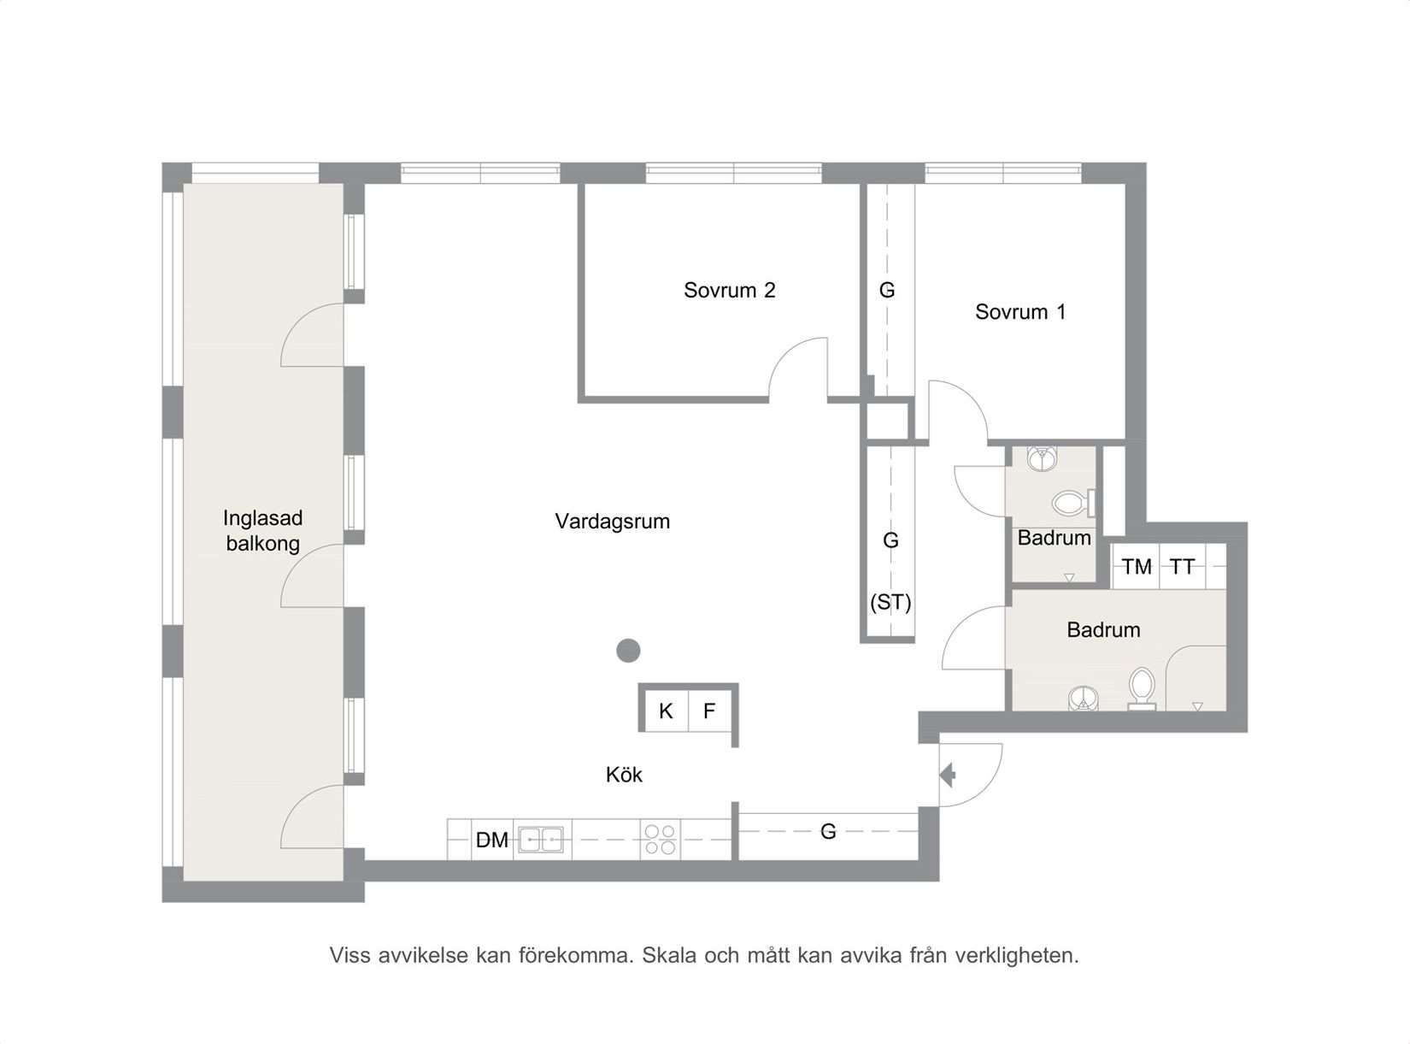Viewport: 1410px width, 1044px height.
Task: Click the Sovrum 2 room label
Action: click(x=729, y=290)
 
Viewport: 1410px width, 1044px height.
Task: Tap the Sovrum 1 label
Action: click(x=1020, y=312)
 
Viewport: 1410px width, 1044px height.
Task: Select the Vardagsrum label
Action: click(x=612, y=522)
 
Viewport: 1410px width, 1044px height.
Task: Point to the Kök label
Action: click(x=624, y=775)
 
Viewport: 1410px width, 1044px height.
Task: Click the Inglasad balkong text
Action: click(x=262, y=531)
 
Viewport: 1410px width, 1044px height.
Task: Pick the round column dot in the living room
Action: click(x=628, y=650)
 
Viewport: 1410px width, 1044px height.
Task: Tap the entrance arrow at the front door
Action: click(x=948, y=775)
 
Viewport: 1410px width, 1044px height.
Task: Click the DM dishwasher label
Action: click(x=492, y=841)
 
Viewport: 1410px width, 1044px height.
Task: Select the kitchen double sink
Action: click(x=541, y=840)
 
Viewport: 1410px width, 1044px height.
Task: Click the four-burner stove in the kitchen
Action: click(x=661, y=840)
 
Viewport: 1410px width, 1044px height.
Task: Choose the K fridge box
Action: click(x=666, y=711)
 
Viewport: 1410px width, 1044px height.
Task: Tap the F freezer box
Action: click(x=709, y=711)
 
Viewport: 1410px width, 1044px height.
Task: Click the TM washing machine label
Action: click(x=1137, y=567)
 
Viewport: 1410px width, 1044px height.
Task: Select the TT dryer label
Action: click(x=1182, y=567)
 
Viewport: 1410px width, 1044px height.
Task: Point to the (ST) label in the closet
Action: click(x=890, y=603)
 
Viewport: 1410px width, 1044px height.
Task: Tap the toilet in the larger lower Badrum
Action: click(x=1142, y=687)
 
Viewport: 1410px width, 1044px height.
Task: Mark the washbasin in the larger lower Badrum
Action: click(x=1083, y=699)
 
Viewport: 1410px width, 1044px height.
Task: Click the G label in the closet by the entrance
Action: click(x=828, y=831)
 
